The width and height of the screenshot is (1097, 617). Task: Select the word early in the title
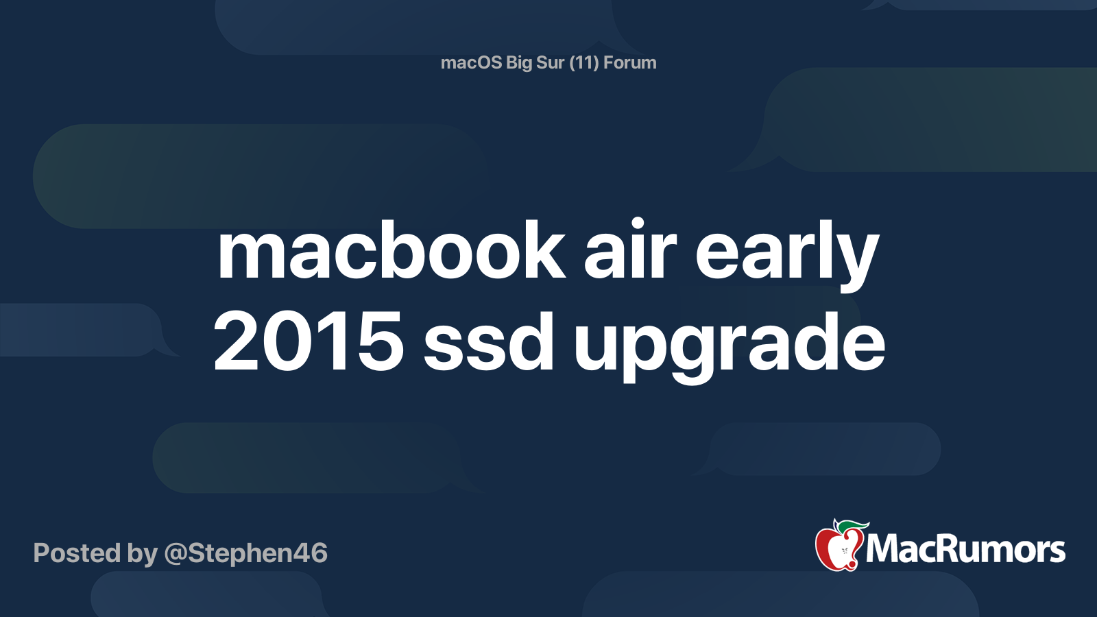(787, 254)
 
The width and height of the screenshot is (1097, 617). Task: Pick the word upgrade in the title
(730, 346)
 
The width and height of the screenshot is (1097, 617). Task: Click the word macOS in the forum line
(471, 62)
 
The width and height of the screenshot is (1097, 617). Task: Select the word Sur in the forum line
(550, 62)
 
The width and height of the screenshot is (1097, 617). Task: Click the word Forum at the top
(630, 62)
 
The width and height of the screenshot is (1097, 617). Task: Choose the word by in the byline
(142, 555)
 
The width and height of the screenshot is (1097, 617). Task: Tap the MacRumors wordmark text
(965, 549)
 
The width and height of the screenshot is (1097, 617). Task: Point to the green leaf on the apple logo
(853, 525)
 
